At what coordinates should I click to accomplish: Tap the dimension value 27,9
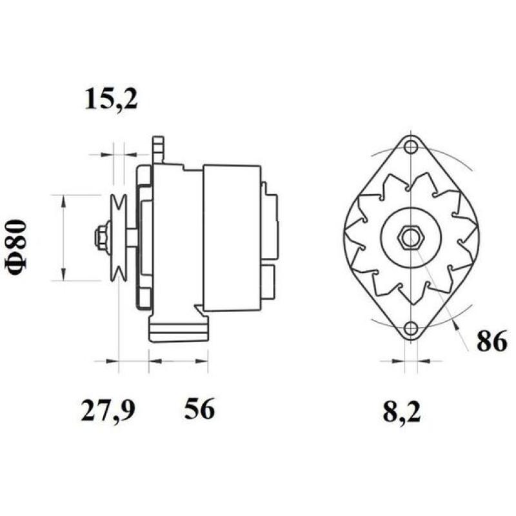[x=108, y=410]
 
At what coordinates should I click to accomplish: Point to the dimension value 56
[x=199, y=409]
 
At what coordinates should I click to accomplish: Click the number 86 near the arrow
[x=491, y=342]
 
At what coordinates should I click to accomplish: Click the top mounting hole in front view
[x=410, y=147]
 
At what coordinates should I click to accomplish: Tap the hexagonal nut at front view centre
[x=410, y=237]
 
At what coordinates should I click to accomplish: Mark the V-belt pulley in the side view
[x=118, y=237]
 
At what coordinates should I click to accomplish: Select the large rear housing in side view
[x=232, y=237]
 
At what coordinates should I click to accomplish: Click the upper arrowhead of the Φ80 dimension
[x=63, y=201]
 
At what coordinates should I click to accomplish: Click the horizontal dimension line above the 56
[x=178, y=361]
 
